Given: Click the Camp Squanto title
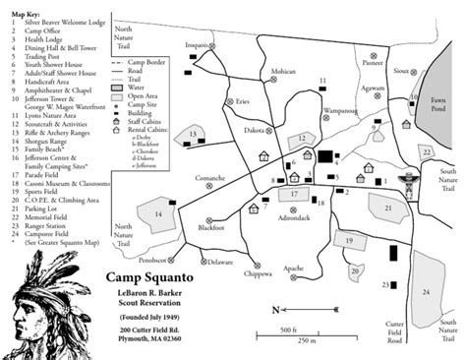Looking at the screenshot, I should (x=146, y=276).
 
